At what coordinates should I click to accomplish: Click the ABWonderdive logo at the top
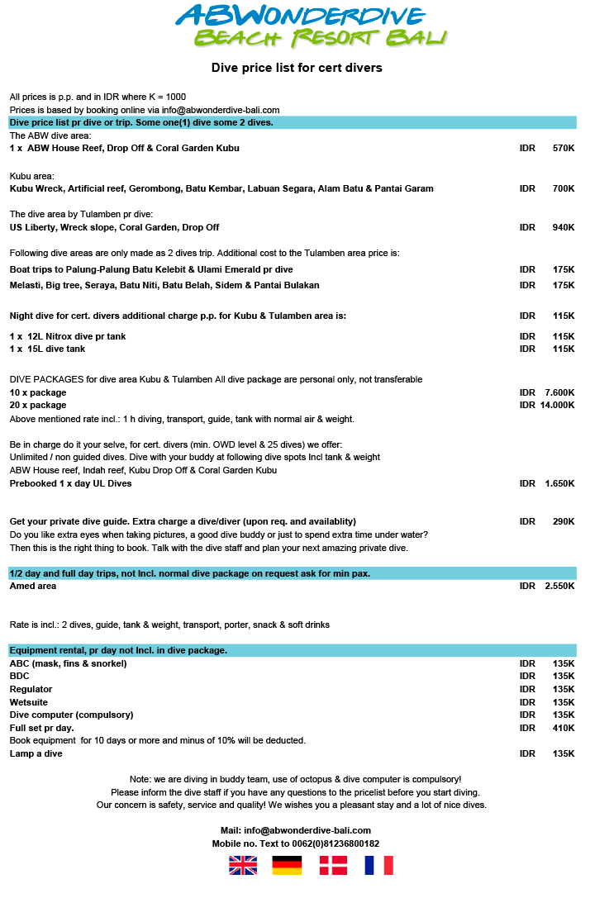coord(311,26)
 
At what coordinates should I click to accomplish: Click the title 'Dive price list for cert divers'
coord(297,68)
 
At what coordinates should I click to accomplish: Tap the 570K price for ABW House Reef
coord(564,149)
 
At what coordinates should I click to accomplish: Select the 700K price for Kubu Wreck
coord(564,189)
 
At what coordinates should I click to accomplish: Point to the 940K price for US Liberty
coord(564,227)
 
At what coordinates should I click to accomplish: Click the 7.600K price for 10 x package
coord(559,392)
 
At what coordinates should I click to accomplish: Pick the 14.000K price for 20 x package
coord(557,406)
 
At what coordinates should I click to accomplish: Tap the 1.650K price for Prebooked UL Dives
coord(559,484)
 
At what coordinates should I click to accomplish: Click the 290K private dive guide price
coord(564,522)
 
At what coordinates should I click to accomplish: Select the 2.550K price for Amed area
coord(559,587)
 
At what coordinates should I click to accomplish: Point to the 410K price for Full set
coord(564,728)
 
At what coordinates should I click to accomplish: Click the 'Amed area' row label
coord(33,587)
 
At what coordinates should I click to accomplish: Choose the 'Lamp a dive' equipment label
coord(36,753)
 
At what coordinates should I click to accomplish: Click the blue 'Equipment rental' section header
coord(293,650)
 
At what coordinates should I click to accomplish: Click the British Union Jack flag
coord(243,865)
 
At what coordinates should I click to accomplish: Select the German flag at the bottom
coord(287,865)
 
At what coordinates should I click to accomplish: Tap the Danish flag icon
coord(333,865)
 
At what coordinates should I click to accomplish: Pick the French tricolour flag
coord(378,865)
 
